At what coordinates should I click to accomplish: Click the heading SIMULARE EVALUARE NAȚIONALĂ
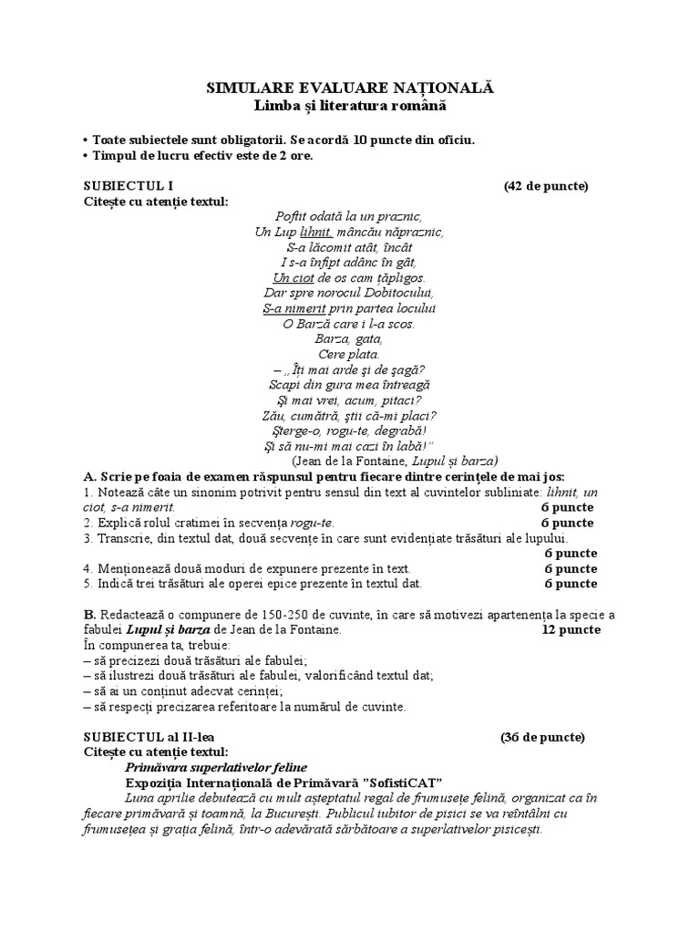click(x=350, y=88)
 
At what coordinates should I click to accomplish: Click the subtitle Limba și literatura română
click(x=350, y=107)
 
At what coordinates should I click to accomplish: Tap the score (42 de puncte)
click(x=546, y=186)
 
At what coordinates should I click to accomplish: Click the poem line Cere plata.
click(x=349, y=354)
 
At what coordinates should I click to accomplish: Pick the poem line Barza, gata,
click(x=349, y=338)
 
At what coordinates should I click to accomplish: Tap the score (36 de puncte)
click(x=543, y=737)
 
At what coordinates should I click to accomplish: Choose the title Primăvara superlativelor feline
click(x=216, y=767)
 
